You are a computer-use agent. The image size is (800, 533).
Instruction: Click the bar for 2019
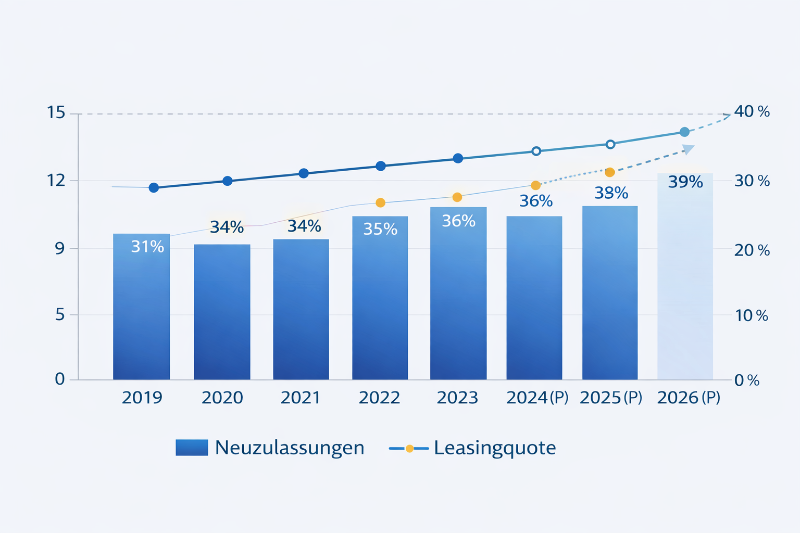141,310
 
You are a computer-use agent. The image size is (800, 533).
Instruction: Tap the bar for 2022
380,300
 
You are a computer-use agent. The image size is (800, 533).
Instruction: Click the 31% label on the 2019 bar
147,246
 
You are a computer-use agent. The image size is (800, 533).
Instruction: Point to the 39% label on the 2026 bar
685,182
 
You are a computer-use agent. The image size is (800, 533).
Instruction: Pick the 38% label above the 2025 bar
611,193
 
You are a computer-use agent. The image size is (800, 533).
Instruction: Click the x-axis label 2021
300,398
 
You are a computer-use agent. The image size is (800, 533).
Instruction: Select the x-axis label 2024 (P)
537,398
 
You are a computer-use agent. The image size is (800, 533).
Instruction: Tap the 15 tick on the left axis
56,113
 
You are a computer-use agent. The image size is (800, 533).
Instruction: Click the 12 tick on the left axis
56,181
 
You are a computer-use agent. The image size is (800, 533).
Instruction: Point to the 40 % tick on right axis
751,112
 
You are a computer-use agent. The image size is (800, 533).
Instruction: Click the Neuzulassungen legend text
289,448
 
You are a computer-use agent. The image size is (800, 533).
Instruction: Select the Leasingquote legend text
494,448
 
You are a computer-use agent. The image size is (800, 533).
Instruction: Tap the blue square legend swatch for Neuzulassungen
191,448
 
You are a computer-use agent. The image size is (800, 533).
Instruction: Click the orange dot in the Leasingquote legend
409,448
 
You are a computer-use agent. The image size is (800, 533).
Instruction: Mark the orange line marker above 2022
380,203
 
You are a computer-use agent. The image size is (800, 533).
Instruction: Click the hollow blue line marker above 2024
536,151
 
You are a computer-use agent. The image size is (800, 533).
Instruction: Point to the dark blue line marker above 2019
153,187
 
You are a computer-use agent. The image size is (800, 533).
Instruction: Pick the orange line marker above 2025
610,172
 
